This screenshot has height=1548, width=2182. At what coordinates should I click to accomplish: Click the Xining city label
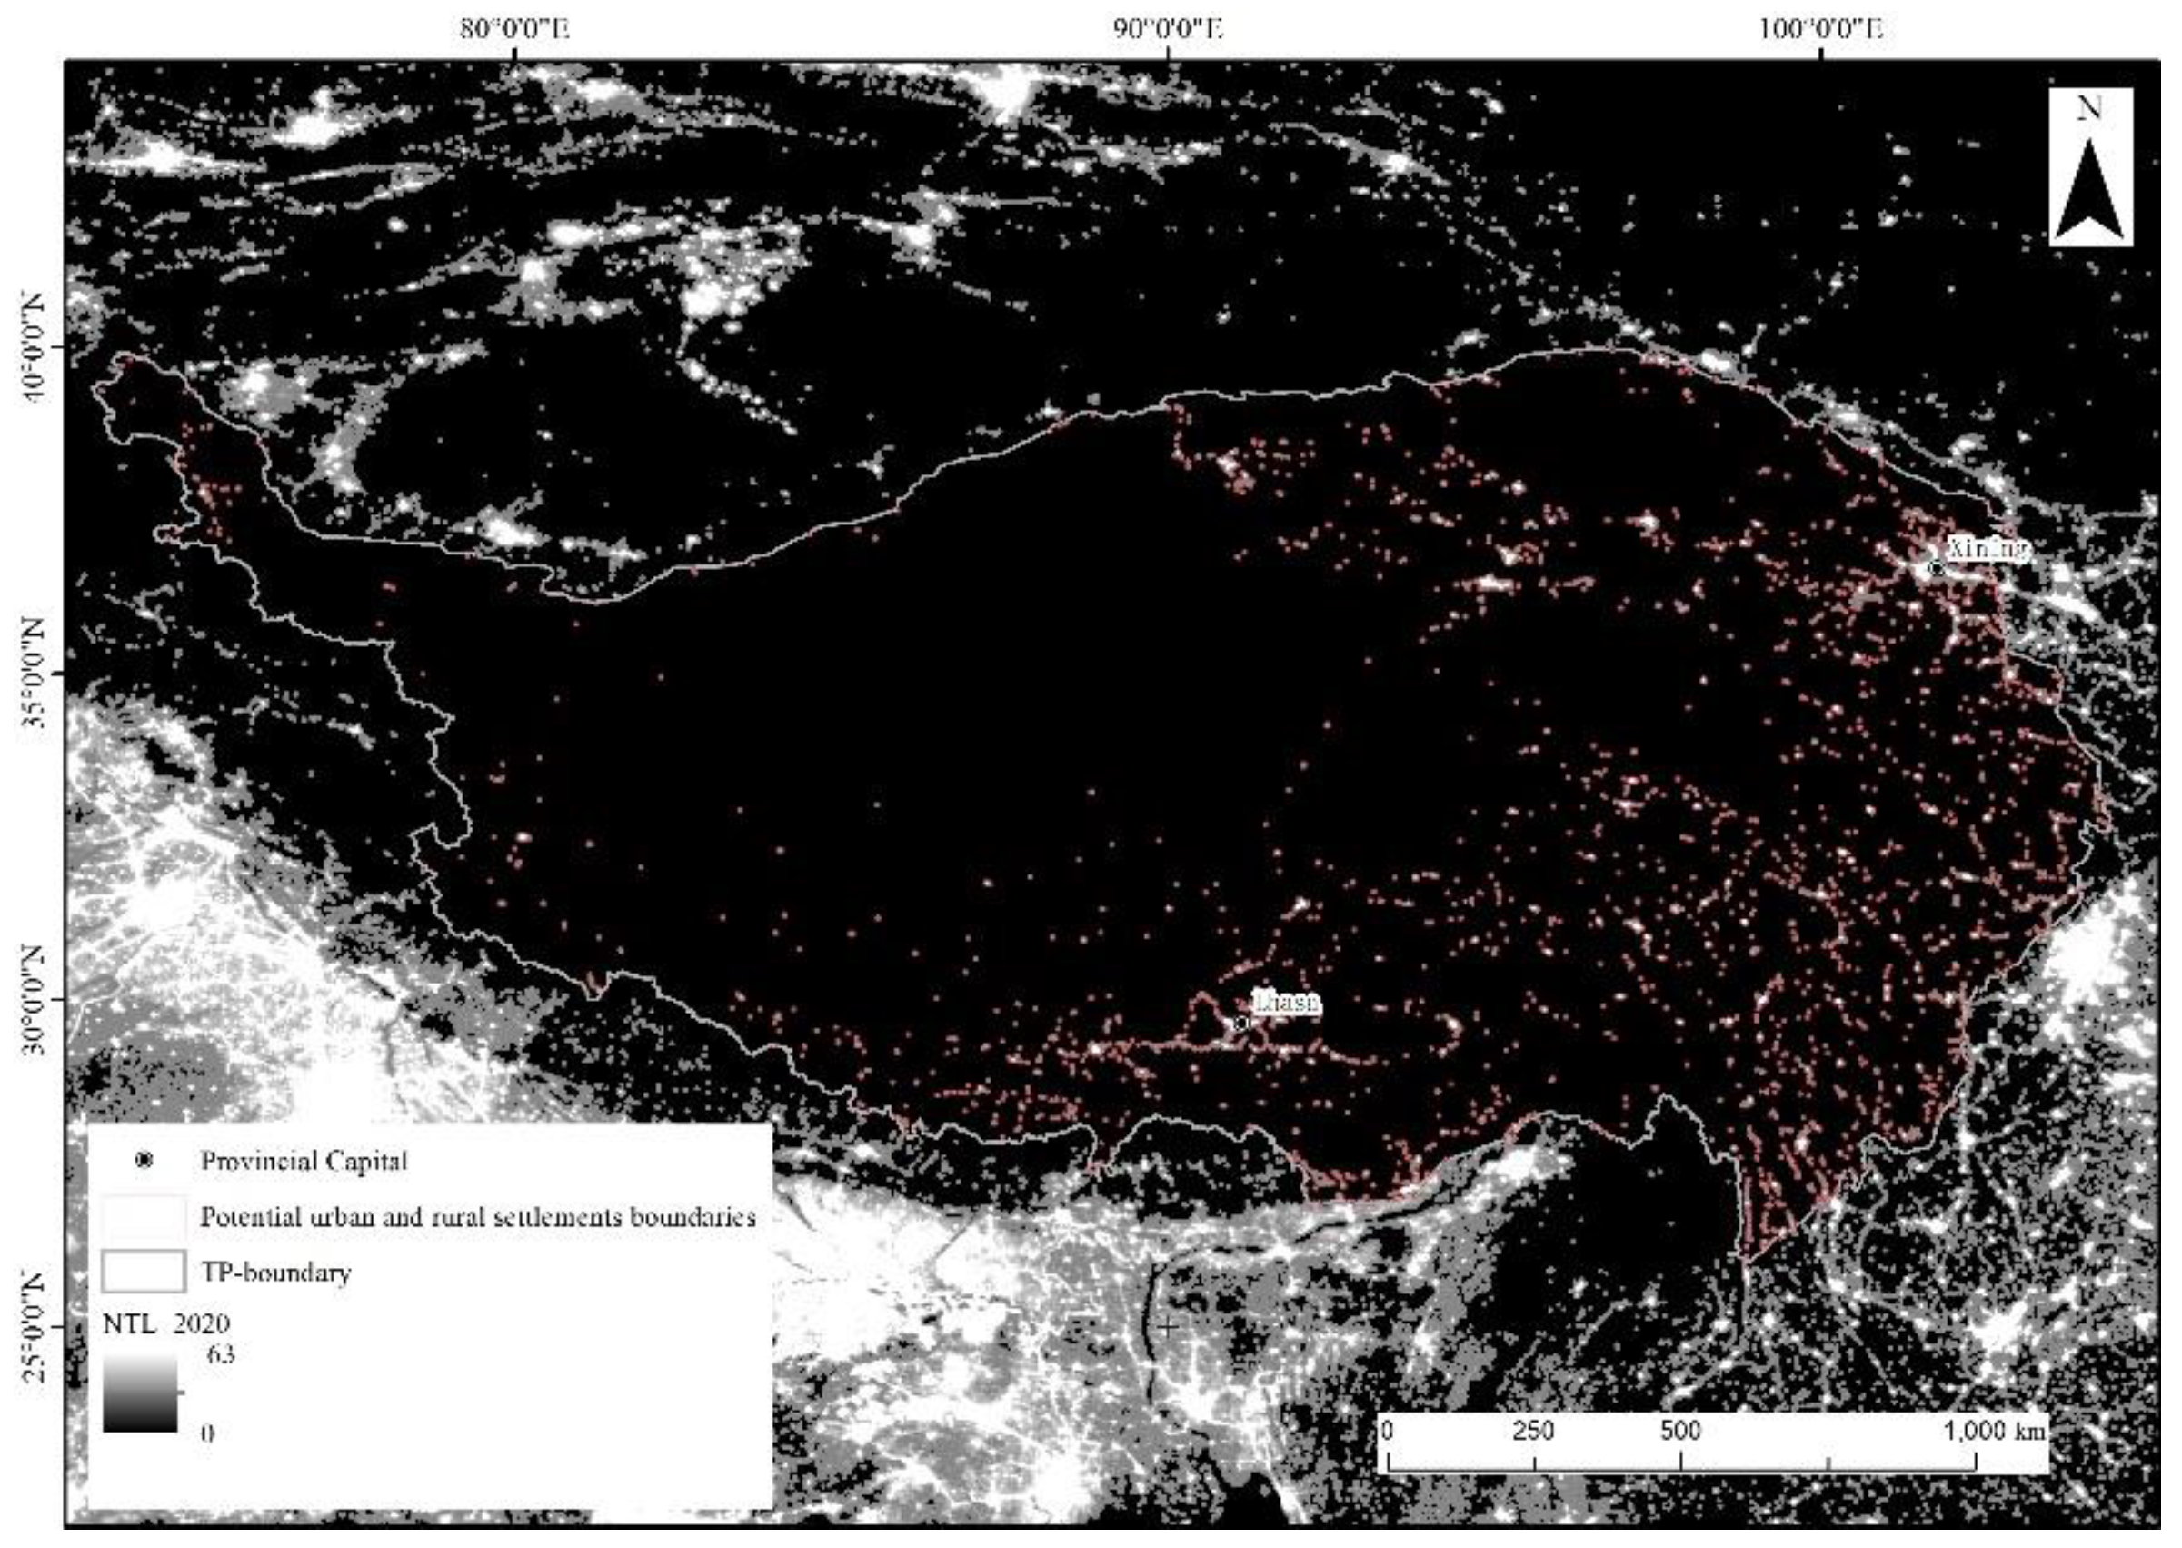click(1986, 549)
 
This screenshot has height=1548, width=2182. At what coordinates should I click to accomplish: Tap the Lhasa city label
click(1286, 1002)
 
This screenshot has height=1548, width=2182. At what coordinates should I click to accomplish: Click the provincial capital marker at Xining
click(1935, 568)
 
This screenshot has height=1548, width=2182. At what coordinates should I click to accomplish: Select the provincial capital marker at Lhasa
click(1240, 1023)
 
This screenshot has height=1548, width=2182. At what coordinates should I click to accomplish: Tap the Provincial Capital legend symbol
click(144, 1161)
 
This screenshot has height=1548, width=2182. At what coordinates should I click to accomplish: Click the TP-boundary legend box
click(143, 1272)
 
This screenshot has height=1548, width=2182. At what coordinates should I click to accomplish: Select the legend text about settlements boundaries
click(477, 1217)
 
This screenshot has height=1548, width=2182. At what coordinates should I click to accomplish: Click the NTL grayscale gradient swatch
click(140, 1393)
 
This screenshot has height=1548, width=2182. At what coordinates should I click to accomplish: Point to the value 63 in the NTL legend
click(220, 1354)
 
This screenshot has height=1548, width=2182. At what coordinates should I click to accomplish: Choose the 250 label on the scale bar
click(1533, 1431)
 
